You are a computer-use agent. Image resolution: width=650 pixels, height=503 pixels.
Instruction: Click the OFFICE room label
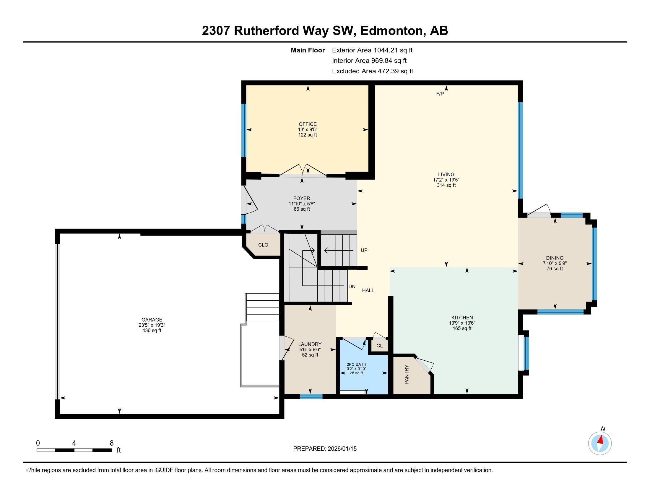coord(308,124)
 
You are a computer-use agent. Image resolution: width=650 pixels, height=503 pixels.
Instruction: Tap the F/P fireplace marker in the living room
coord(440,94)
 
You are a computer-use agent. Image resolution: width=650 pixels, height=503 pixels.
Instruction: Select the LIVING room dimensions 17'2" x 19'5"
coord(446,180)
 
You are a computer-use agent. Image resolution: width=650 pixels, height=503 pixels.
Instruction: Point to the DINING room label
coord(555,258)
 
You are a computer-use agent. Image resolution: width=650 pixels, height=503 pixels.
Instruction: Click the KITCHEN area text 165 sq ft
coord(462,328)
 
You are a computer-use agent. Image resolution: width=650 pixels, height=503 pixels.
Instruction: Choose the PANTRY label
coord(407,374)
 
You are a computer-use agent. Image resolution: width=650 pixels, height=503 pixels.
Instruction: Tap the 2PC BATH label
coord(356,364)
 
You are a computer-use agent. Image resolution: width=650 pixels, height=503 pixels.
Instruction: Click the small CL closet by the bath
coord(379,346)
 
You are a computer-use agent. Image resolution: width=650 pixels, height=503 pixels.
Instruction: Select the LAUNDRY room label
coord(310,344)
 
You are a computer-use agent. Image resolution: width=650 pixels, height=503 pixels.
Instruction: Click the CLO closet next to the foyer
coord(263,245)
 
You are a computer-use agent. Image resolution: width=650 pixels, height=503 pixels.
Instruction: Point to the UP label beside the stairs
coord(364,250)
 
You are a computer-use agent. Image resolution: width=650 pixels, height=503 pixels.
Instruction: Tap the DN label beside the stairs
coord(352,286)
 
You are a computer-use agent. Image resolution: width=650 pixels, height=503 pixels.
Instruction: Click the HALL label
coord(368,290)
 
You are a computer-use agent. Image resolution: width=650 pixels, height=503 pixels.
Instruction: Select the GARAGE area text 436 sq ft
coord(152,331)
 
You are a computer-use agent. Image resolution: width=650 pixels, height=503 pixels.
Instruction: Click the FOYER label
coord(301,198)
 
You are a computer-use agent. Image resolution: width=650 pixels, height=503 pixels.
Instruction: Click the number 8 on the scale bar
coord(112,443)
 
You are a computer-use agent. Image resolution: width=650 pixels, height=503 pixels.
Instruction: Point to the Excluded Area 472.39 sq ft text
coord(372,71)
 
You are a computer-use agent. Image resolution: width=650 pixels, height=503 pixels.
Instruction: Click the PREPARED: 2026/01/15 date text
coord(325,449)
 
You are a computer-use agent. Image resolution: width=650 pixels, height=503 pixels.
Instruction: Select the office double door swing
coord(303,170)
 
